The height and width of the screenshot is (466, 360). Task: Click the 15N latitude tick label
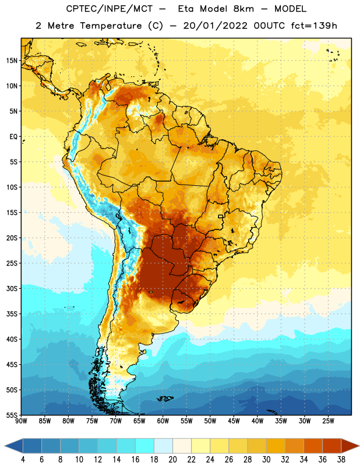[x=12, y=61]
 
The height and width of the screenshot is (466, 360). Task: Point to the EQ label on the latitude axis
[x=13, y=137]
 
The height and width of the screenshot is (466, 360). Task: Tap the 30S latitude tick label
[x=12, y=288]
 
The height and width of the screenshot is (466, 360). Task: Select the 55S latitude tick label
[x=12, y=415]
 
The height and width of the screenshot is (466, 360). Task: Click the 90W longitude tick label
[x=21, y=421]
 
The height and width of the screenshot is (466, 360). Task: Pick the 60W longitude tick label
[x=163, y=421]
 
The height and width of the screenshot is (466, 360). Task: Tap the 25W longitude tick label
[x=328, y=421]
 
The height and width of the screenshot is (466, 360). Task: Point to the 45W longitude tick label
[x=234, y=421]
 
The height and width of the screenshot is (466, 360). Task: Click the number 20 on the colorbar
[x=172, y=460]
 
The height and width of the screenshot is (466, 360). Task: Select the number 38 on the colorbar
[x=341, y=460]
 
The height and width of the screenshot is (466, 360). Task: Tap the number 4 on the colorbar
[x=23, y=460]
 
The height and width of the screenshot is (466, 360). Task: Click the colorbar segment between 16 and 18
[x=145, y=446]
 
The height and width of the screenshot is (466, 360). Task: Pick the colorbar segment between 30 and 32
[x=276, y=446]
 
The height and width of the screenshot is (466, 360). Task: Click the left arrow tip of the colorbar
[x=5, y=446]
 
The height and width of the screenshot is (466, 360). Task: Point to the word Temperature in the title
[x=111, y=26]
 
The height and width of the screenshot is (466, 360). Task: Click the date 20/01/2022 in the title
[x=215, y=26]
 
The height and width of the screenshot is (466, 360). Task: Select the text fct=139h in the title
[x=314, y=26]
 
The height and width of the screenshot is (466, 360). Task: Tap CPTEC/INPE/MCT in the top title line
[x=109, y=9]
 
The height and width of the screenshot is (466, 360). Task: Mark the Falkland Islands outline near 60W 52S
[x=165, y=398]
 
